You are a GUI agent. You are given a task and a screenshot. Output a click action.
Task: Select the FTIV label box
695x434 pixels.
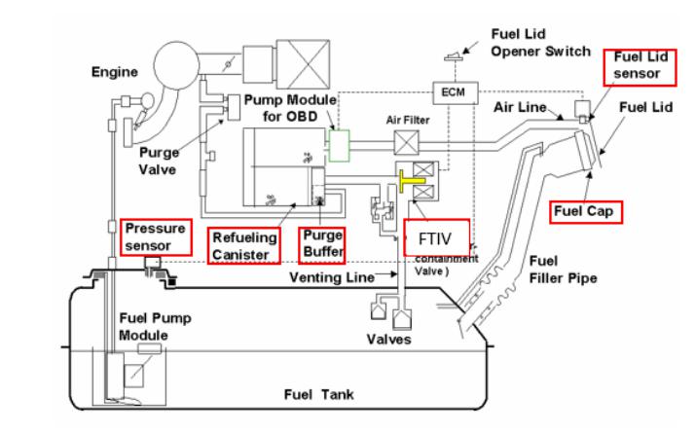[435, 236]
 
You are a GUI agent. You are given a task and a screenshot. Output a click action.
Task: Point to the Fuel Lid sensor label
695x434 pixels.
[638, 64]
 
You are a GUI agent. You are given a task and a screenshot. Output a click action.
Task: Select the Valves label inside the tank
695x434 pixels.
[388, 340]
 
